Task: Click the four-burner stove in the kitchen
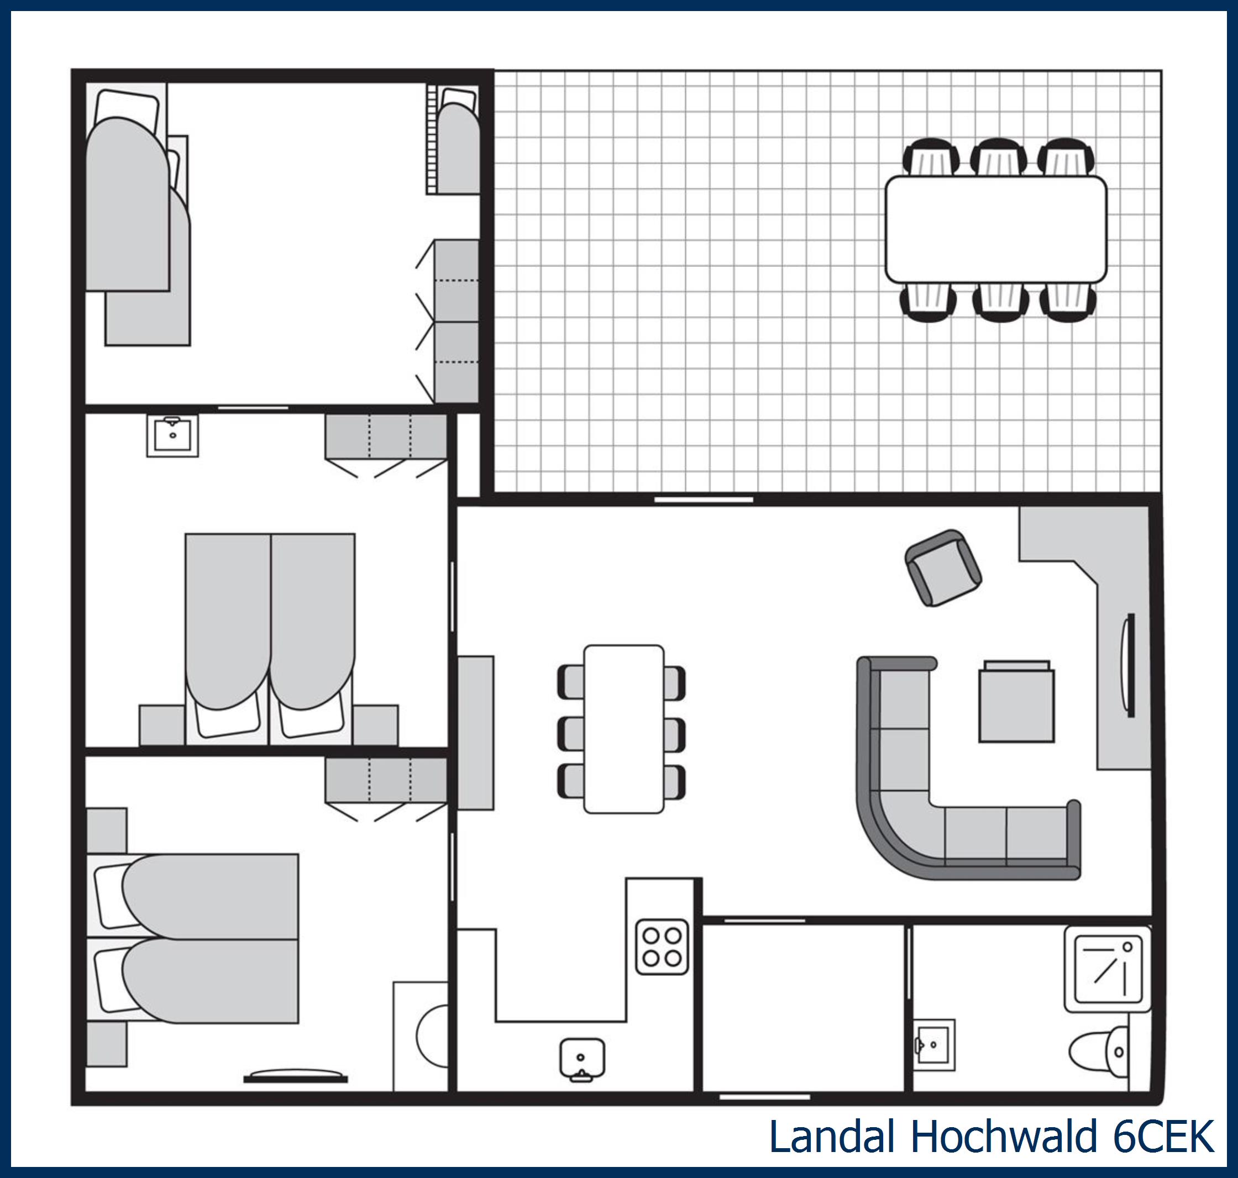(x=662, y=947)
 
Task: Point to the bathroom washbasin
(x=933, y=1045)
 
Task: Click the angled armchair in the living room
(x=943, y=567)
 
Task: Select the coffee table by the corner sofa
(x=1016, y=704)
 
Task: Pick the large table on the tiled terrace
(x=995, y=229)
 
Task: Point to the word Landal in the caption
(x=832, y=1137)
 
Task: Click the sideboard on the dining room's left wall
(x=475, y=733)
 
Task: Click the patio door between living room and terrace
(x=704, y=500)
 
